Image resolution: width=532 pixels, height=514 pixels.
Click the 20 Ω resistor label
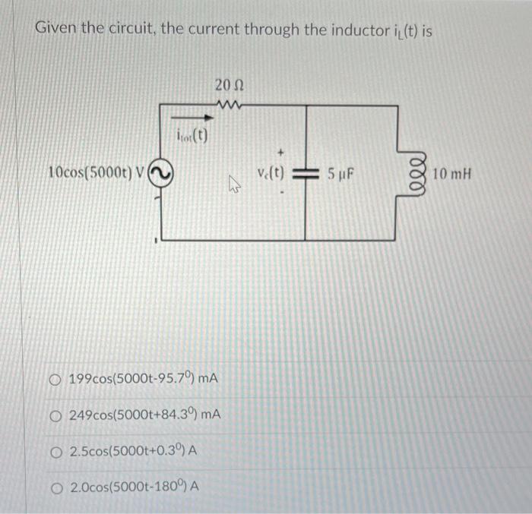228,84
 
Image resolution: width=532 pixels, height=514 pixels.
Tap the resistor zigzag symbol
227,104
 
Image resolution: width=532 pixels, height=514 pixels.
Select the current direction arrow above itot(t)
189,118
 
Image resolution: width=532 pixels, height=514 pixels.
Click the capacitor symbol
306,174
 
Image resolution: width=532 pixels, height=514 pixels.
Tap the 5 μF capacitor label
342,174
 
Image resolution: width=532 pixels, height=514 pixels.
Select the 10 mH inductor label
452,174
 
